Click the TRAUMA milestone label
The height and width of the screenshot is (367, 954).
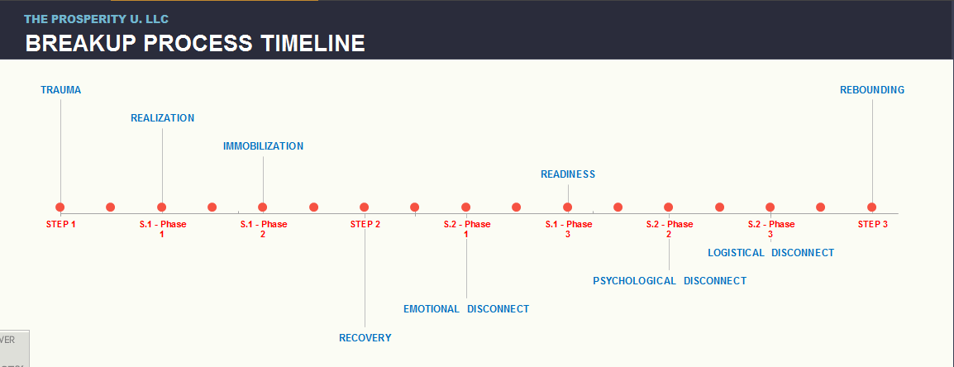click(x=61, y=90)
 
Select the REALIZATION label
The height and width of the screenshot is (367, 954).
click(x=163, y=118)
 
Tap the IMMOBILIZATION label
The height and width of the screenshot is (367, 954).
click(x=263, y=146)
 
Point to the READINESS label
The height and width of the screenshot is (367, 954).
click(x=568, y=174)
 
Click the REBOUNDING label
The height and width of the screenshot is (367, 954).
click(x=872, y=90)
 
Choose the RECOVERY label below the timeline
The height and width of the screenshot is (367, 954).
click(x=365, y=338)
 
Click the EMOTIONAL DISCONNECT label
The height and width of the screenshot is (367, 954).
click(x=466, y=308)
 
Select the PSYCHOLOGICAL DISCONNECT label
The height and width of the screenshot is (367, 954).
click(x=670, y=280)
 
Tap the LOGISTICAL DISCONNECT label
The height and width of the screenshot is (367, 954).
click(x=770, y=253)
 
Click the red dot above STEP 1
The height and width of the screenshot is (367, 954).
click(x=60, y=207)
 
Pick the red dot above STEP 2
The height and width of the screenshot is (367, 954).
click(x=364, y=207)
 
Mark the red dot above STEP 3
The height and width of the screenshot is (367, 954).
click(x=871, y=207)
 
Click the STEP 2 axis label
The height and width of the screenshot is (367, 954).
click(x=365, y=224)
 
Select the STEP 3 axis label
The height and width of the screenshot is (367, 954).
click(x=872, y=224)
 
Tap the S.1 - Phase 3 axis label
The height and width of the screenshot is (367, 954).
click(x=568, y=229)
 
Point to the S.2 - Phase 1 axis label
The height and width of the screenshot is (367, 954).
click(x=466, y=229)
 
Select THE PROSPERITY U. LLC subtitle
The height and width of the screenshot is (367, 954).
click(x=96, y=19)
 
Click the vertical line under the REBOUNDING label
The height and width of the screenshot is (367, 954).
click(x=872, y=151)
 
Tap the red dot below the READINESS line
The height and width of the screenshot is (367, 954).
click(x=567, y=207)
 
